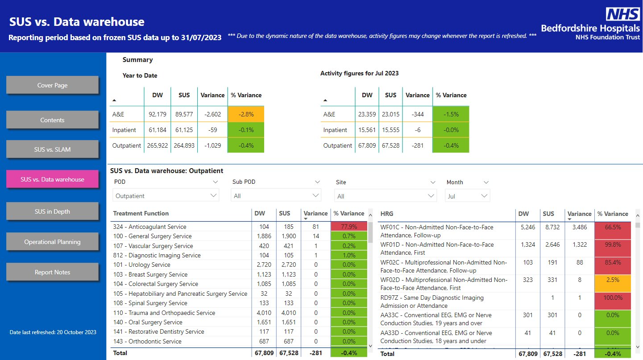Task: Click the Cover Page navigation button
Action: [52, 85]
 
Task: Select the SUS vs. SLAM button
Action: [52, 149]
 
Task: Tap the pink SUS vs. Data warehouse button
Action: [52, 179]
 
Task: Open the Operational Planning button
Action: [52, 242]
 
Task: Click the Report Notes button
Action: [52, 272]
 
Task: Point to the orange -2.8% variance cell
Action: [246, 114]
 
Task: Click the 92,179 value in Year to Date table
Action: [157, 114]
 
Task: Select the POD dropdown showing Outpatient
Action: [166, 195]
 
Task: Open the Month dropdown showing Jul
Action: [467, 196]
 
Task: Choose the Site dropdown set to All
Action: [386, 196]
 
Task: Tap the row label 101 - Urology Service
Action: [141, 265]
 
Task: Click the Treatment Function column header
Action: [141, 213]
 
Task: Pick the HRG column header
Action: [387, 214]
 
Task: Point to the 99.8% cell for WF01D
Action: [613, 248]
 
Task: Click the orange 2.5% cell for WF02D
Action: [613, 284]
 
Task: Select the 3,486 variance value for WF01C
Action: [579, 227]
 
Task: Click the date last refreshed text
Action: [53, 332]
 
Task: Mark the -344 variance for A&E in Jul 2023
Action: [417, 114]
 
